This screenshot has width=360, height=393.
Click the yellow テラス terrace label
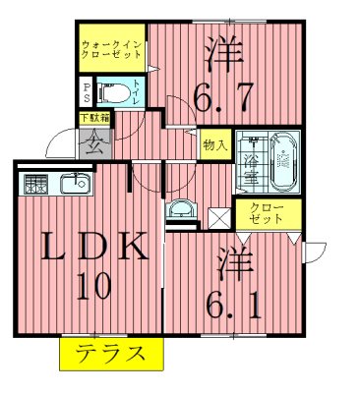coord(109,355)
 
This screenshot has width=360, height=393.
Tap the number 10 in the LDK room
coord(93,286)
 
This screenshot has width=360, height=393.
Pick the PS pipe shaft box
coord(86,93)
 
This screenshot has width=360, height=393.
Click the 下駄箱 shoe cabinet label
coord(94,119)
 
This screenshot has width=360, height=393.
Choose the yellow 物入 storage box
coord(216,144)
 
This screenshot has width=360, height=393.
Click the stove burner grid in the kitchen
coord(35,184)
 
